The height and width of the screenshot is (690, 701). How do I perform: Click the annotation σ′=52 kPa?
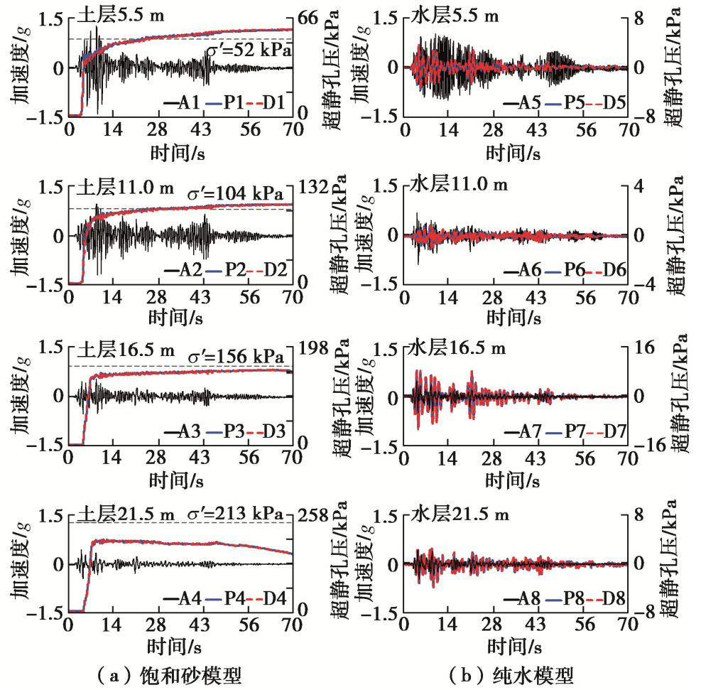[x=251, y=50]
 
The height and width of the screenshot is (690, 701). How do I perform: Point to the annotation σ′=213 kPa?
[x=241, y=513]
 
